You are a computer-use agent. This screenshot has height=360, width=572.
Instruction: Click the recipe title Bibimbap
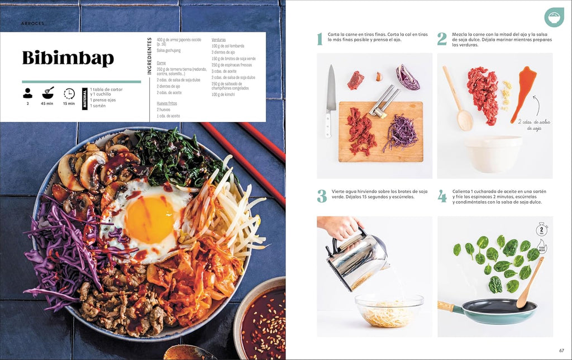point(68,58)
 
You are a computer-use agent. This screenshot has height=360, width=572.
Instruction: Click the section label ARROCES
point(32,23)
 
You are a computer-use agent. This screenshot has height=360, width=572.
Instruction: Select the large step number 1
point(320,39)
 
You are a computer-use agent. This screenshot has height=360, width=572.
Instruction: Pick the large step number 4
point(442,196)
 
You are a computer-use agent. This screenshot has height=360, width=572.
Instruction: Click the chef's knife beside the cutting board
point(330,101)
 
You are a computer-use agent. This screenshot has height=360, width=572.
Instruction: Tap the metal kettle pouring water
point(356,257)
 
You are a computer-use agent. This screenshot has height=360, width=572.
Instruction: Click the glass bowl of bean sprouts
point(389,310)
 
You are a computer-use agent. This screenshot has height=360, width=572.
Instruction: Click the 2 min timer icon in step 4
point(541,229)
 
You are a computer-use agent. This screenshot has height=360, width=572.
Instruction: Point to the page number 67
point(562,350)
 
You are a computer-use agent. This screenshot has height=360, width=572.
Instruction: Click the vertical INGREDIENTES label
point(150,56)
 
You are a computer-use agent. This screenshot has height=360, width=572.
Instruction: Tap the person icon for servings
point(27,93)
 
